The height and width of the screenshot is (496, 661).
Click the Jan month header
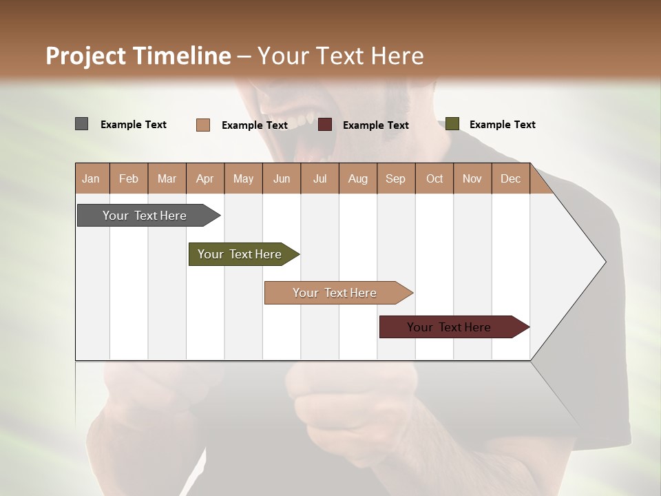92,178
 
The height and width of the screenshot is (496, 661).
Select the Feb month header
129,178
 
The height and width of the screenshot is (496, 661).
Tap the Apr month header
205,178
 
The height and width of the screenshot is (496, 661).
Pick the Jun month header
282,178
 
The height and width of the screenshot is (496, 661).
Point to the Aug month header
358,178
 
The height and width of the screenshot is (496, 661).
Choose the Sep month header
396,178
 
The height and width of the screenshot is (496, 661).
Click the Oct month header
434,178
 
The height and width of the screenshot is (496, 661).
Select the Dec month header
511,178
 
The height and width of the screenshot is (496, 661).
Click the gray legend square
82,124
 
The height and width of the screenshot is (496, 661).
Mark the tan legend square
202,125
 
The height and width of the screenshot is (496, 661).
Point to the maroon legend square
325,125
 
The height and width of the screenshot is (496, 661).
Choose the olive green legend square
452,124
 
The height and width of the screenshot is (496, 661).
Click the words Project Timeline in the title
138,56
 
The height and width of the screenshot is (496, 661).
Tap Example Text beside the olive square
502,125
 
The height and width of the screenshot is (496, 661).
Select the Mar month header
167,178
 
